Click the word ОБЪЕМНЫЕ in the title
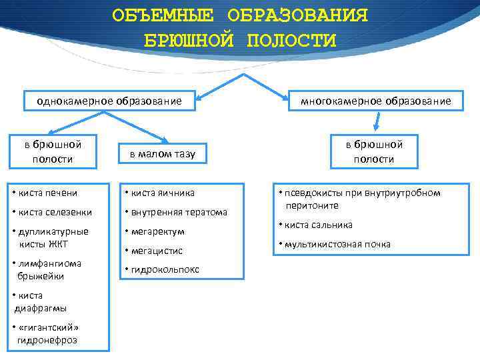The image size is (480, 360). click(x=163, y=15)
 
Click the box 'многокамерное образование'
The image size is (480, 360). click(x=375, y=101)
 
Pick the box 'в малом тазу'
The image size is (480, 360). click(x=162, y=154)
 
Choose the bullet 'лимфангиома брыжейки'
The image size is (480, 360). click(x=47, y=269)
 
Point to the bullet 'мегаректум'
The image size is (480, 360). click(x=157, y=231)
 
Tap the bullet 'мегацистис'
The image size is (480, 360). click(x=157, y=251)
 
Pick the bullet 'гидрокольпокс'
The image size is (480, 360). click(x=163, y=270)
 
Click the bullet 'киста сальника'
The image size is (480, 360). click(x=317, y=225)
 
